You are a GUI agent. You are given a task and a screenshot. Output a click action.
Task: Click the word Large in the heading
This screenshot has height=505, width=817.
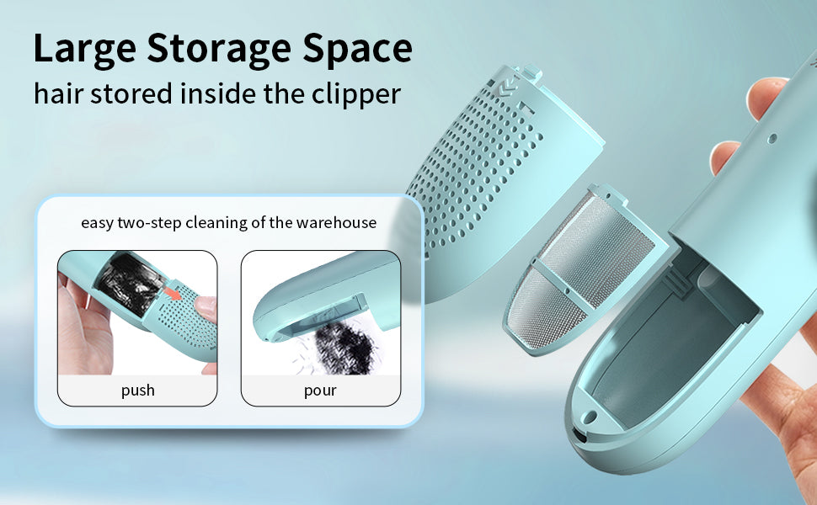click(x=84, y=50)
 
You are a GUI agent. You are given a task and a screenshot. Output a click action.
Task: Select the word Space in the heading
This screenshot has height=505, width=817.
click(x=357, y=50)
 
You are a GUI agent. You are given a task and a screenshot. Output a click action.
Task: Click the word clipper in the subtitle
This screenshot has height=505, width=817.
click(x=356, y=95)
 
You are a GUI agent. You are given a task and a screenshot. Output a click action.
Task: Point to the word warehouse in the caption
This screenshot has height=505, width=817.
click(x=336, y=223)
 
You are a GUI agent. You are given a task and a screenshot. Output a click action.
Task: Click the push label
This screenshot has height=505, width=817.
click(x=137, y=391)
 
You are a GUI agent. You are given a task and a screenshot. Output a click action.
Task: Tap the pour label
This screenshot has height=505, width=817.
click(x=320, y=391)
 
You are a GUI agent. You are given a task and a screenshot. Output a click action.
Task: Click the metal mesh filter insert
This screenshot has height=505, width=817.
click(x=584, y=271)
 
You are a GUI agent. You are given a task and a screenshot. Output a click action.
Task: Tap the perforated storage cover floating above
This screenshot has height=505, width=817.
click(x=500, y=177)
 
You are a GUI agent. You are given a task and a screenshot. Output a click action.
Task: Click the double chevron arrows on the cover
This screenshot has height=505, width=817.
click(x=506, y=88)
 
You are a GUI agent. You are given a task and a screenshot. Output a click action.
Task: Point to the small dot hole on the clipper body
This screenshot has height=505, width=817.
click(x=772, y=139)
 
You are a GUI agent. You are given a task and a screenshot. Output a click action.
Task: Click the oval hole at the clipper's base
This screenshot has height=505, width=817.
click(x=590, y=417)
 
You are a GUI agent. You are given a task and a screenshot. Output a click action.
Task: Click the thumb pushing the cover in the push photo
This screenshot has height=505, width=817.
click(x=206, y=309)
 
